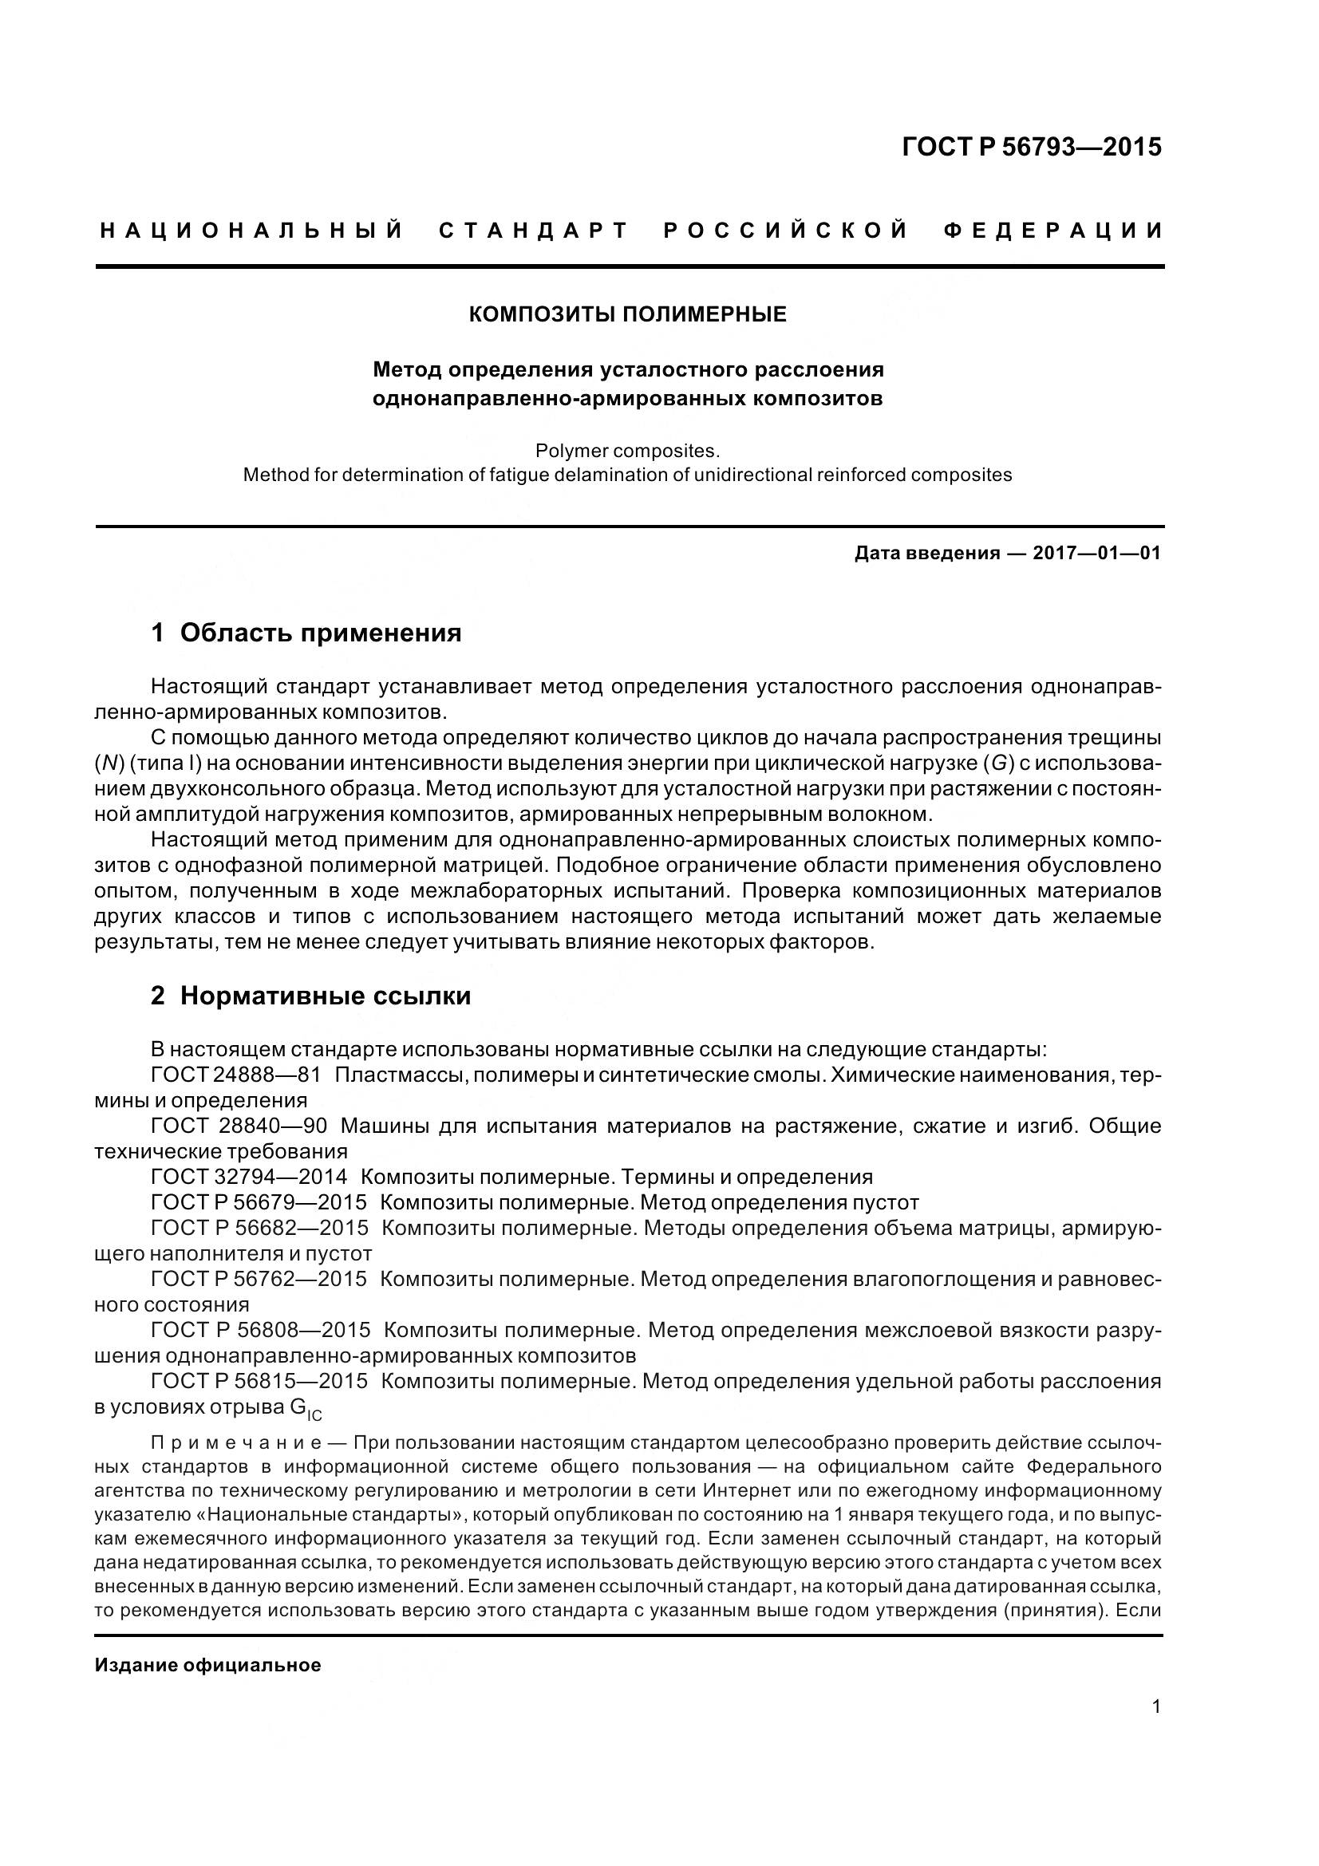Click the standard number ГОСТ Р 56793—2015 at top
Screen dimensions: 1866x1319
tap(1031, 147)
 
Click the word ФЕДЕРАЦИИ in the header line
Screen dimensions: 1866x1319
tap(1053, 231)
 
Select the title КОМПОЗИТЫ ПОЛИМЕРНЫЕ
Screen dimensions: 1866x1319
tap(627, 314)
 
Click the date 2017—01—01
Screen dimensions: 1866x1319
tap(1096, 554)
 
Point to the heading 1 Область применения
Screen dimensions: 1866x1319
tap(306, 633)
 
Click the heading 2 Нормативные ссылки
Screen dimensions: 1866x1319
tap(311, 996)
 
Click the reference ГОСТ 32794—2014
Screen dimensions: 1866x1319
tap(249, 1176)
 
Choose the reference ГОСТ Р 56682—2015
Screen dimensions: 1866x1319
tap(259, 1227)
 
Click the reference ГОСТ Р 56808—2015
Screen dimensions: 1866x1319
tap(260, 1330)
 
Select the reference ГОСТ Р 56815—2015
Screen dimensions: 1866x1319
tap(259, 1381)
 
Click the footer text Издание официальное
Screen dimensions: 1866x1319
tap(208, 1665)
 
